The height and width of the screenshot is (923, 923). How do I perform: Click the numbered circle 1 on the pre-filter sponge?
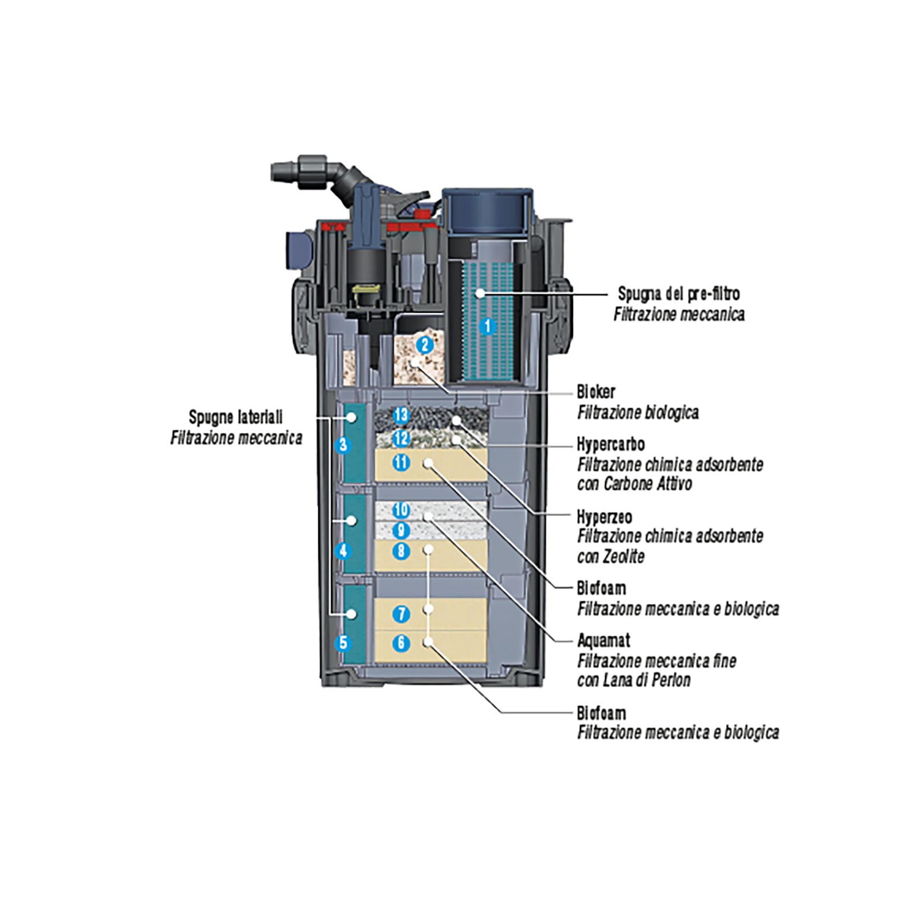coord(487,327)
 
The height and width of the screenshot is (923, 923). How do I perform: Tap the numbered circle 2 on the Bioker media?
coord(425,345)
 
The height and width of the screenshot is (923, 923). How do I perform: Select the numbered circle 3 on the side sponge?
coord(344,445)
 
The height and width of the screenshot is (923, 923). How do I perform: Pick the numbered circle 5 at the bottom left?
coord(344,642)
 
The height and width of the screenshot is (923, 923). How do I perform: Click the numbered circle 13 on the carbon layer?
coord(401,415)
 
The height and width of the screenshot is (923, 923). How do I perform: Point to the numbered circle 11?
coord(401,462)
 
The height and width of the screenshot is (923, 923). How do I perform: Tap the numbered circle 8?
coord(401,551)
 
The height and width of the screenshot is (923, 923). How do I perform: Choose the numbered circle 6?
coord(401,643)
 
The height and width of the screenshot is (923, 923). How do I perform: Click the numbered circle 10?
coord(401,509)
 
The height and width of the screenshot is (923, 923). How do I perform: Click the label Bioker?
coord(596,392)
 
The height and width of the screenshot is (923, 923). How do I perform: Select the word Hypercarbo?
coord(610,444)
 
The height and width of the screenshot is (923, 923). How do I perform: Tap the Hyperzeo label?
coord(604,517)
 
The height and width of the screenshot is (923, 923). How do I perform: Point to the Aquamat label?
coord(603,640)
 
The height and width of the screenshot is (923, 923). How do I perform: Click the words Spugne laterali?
coord(235,417)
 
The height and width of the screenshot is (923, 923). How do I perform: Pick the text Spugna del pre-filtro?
coord(678,294)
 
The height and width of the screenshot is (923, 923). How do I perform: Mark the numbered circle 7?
coord(401,614)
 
